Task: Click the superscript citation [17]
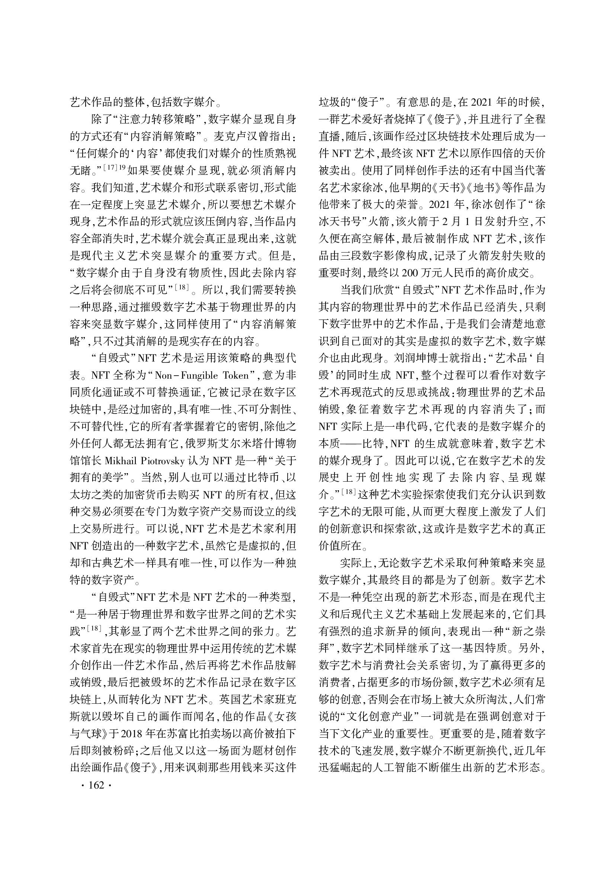click(x=110, y=166)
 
